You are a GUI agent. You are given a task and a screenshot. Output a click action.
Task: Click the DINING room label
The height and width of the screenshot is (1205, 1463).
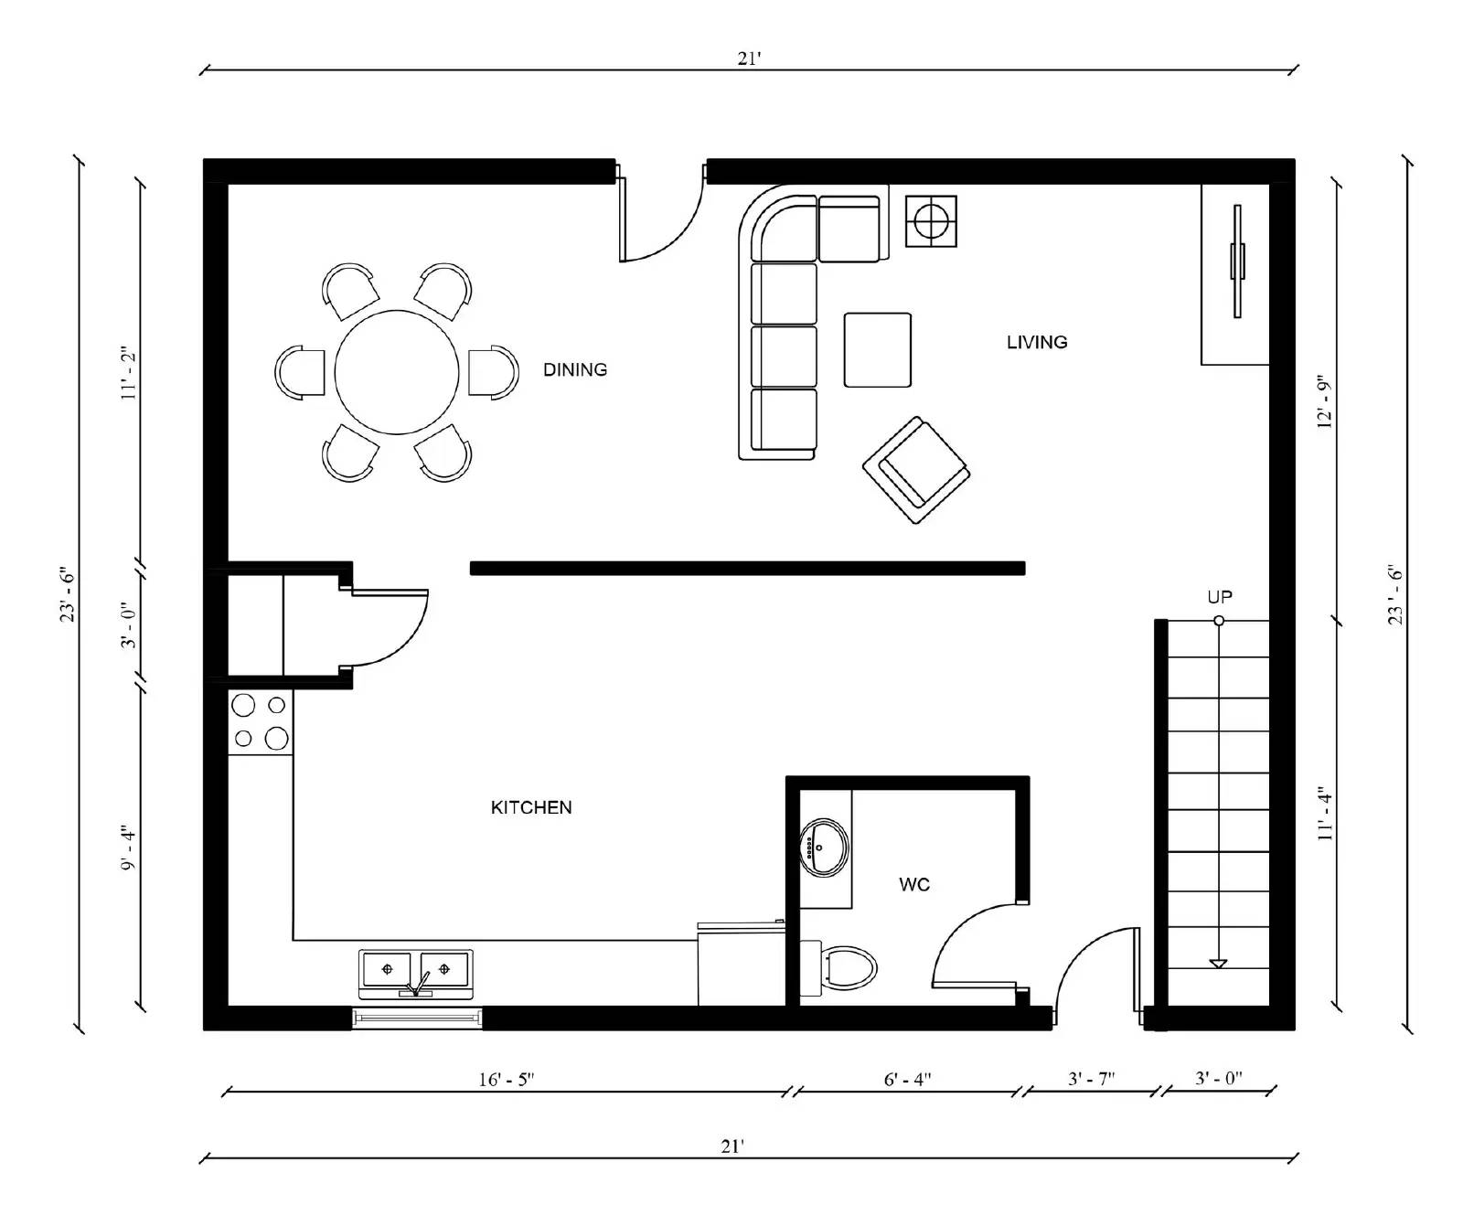tap(574, 369)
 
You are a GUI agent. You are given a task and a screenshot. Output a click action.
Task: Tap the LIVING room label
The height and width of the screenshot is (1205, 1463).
tap(1036, 342)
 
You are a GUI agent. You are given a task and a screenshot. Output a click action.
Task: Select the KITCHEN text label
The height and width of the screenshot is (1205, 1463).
tap(531, 807)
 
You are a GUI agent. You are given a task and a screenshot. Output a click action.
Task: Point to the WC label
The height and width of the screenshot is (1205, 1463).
tap(914, 884)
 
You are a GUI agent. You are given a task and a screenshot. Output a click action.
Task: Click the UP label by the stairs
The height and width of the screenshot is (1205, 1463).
tap(1219, 597)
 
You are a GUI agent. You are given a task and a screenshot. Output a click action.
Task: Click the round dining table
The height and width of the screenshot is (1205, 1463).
tap(396, 372)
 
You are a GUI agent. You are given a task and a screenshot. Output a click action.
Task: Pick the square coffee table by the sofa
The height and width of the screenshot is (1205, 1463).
tap(877, 350)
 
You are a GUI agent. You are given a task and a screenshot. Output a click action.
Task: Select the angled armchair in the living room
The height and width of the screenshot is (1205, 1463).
tap(915, 470)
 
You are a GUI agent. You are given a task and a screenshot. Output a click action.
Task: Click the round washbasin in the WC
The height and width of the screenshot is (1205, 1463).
tap(823, 848)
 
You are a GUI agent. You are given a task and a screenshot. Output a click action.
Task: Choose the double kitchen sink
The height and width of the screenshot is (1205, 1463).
tap(416, 970)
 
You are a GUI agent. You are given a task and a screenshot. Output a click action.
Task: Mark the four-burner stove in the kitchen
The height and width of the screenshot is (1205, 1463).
tap(260, 721)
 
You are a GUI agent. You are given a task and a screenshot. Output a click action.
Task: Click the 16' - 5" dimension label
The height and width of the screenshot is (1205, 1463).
tap(506, 1080)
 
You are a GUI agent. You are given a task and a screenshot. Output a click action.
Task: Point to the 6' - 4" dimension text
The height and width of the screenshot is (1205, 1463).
tap(907, 1080)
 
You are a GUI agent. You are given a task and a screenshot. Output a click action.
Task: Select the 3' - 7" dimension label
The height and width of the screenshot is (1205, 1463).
tap(1091, 1080)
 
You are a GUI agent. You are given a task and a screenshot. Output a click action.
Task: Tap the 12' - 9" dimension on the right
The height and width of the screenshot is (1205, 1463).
tap(1325, 401)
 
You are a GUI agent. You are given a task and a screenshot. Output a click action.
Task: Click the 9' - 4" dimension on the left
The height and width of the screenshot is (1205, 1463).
tap(129, 848)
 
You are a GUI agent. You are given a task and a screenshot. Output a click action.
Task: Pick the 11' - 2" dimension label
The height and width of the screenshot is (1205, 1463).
tap(129, 375)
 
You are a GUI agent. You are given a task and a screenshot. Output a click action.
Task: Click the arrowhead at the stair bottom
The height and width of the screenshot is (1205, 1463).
tap(1217, 963)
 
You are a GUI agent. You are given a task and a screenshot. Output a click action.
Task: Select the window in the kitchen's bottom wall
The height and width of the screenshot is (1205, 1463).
tap(417, 1017)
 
